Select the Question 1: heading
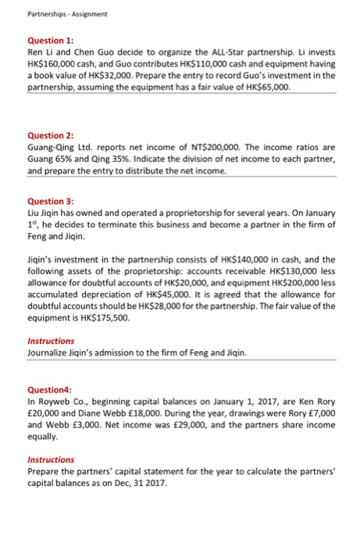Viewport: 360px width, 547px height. click(x=49, y=39)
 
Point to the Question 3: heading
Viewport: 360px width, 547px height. click(x=49, y=201)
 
